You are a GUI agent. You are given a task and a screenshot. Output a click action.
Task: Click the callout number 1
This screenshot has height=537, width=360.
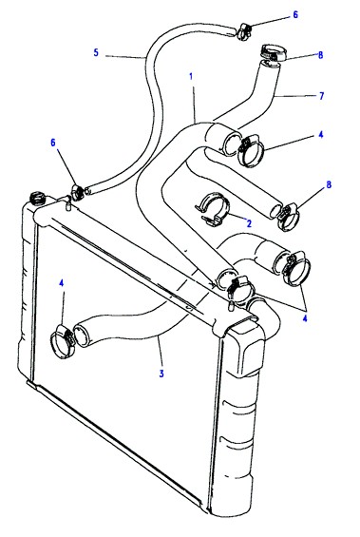(191, 76)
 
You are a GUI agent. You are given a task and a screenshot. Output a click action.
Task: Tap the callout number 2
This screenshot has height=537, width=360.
(249, 223)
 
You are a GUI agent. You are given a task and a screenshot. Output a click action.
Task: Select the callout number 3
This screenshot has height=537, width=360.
(161, 374)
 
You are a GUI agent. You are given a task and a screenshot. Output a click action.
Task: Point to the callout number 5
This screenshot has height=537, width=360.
(96, 52)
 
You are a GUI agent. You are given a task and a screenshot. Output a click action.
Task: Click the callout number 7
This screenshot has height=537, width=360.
(321, 96)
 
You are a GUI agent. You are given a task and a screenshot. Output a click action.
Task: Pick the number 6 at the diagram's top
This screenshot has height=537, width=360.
(295, 14)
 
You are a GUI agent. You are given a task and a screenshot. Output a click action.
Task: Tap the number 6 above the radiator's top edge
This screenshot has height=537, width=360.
(52, 143)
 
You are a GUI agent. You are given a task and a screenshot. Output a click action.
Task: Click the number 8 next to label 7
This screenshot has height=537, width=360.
(321, 55)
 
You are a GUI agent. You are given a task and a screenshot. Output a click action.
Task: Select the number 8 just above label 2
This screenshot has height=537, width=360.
(329, 184)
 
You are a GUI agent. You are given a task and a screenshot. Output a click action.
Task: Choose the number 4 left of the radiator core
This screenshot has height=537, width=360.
(61, 283)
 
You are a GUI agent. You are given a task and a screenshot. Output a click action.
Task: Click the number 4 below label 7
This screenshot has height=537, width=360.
(321, 135)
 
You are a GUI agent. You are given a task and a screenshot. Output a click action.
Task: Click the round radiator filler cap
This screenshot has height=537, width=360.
(36, 199)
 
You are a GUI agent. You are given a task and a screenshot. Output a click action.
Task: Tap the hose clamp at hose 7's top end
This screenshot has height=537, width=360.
(273, 52)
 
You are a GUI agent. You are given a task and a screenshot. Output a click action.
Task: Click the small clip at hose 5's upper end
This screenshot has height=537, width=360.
(245, 30)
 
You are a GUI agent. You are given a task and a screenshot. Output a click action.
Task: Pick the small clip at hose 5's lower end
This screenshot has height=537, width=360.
(77, 192)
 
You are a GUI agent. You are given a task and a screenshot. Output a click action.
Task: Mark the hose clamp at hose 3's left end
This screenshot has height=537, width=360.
(62, 341)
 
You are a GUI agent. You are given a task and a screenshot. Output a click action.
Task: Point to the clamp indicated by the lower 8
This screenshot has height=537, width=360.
(290, 216)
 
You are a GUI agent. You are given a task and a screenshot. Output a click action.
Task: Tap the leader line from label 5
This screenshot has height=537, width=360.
(126, 57)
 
